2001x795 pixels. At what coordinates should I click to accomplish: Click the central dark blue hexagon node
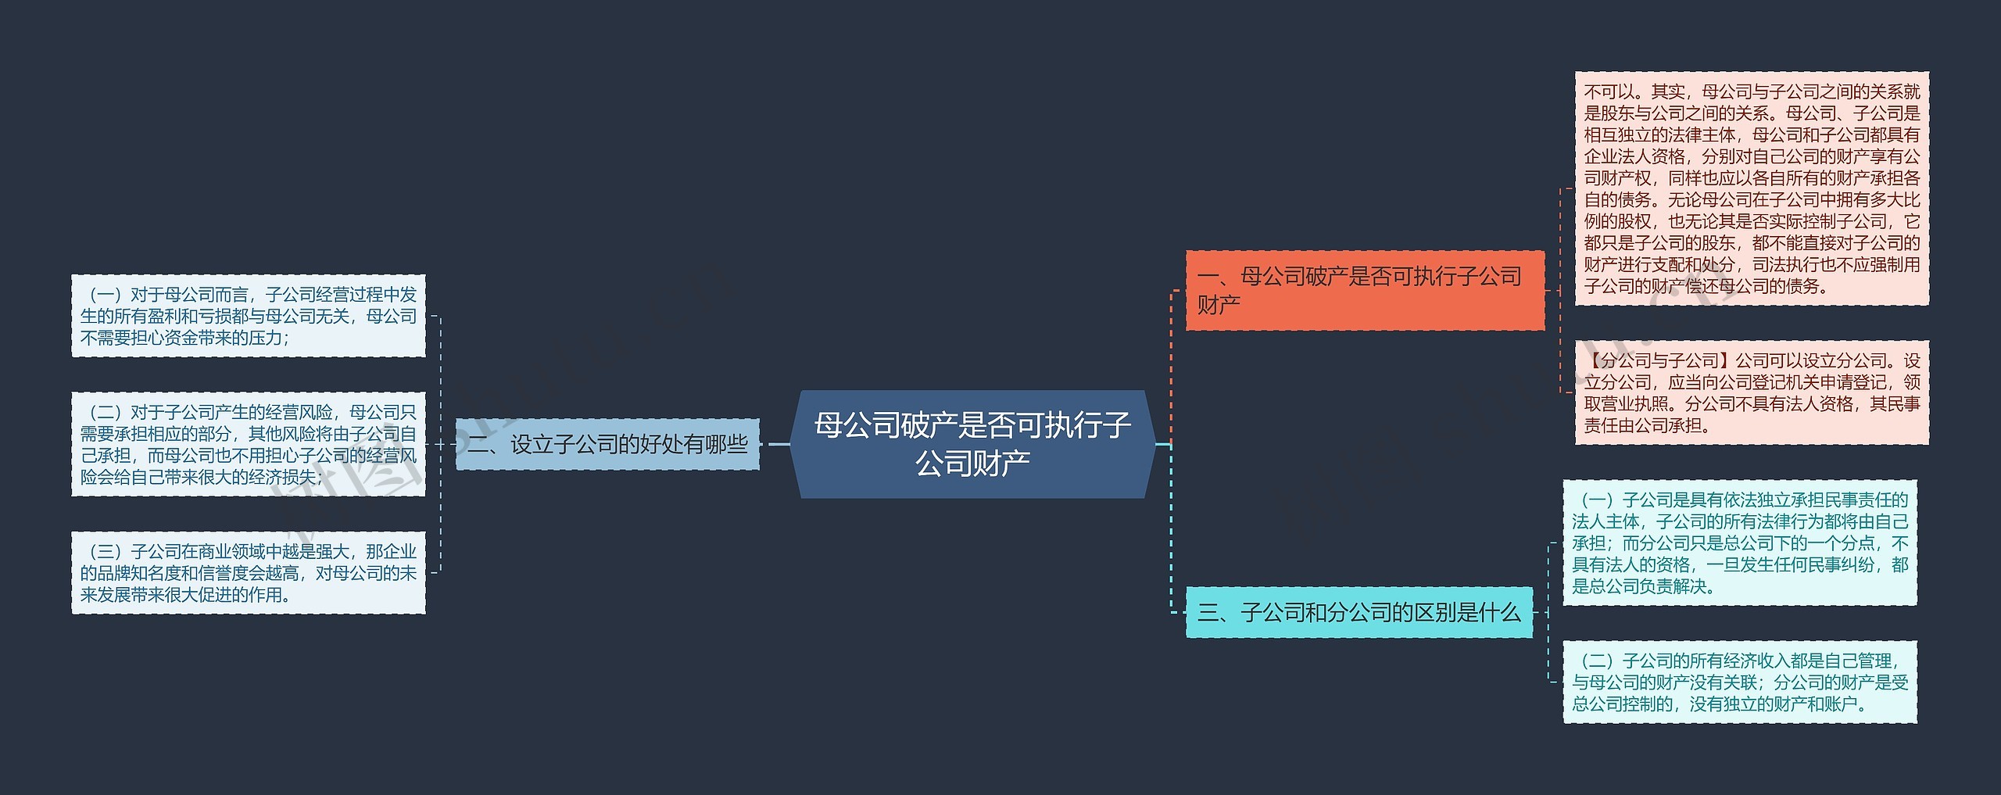[x=972, y=443]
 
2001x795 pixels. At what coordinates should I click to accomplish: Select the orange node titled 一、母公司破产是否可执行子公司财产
[x=1364, y=290]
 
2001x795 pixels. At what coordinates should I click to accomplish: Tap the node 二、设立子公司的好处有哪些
[x=607, y=444]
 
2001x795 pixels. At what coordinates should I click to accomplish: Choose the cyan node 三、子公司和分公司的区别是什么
[x=1358, y=612]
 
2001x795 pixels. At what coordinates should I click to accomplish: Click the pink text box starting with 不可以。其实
[x=1752, y=188]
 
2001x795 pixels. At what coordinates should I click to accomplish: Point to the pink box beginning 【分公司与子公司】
[x=1752, y=392]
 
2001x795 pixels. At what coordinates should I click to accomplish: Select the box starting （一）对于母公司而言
[x=249, y=316]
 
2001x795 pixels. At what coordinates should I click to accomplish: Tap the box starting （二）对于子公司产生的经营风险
[x=249, y=444]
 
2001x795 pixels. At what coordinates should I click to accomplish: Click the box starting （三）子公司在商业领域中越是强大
[x=249, y=572]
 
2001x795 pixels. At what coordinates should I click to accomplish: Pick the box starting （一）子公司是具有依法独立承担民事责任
[x=1740, y=543]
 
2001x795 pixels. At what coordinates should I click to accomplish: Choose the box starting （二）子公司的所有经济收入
[x=1740, y=682]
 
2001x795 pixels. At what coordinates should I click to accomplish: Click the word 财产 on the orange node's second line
[x=1219, y=305]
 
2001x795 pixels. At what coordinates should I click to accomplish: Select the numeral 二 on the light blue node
[x=478, y=445]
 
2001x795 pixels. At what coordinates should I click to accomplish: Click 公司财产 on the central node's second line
[x=972, y=464]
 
